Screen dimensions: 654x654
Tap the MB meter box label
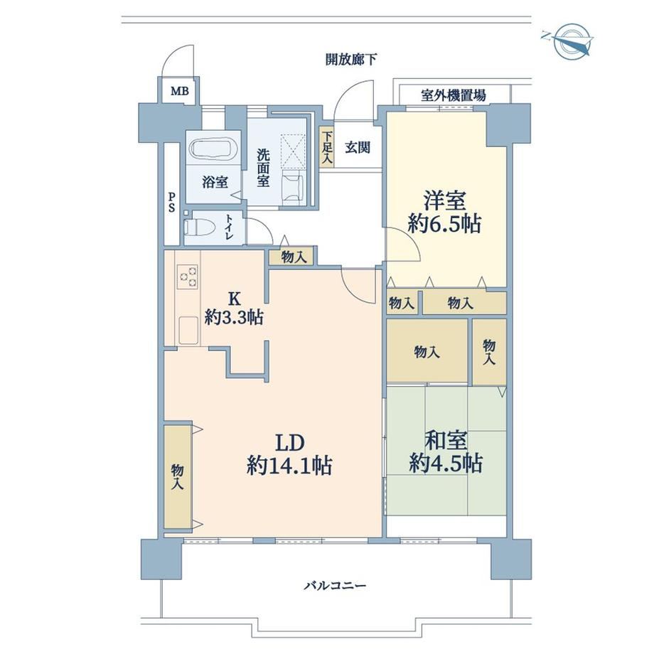[180, 91]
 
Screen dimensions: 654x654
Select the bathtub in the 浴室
[213, 148]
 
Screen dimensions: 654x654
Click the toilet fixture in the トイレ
[199, 228]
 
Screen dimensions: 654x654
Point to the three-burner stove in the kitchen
[188, 277]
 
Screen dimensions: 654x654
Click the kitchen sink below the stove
[188, 330]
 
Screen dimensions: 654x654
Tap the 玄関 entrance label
[358, 147]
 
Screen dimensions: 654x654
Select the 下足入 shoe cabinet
[327, 147]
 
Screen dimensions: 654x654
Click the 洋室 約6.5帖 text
[444, 213]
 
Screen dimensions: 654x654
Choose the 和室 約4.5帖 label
[446, 451]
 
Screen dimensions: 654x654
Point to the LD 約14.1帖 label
[289, 454]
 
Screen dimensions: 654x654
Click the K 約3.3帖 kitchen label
[234, 309]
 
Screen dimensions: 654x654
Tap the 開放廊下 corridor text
[351, 60]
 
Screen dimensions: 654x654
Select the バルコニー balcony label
[335, 586]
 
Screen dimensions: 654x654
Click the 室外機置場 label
[454, 95]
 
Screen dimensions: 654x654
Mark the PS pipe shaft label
[171, 202]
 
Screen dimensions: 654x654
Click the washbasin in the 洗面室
[292, 188]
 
